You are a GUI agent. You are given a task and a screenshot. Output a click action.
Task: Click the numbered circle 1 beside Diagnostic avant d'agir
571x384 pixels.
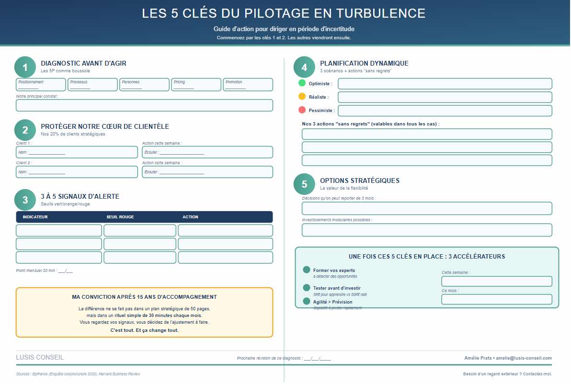[25, 68]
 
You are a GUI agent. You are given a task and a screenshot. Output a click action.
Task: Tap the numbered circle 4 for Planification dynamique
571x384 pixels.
[304, 68]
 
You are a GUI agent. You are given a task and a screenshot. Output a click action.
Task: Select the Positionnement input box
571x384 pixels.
[41, 85]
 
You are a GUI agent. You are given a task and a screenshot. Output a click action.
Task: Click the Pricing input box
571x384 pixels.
[196, 85]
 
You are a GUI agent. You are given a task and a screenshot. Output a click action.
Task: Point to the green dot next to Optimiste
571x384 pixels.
[302, 83]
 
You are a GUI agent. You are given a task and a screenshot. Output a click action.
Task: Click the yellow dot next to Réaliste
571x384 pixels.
[302, 96]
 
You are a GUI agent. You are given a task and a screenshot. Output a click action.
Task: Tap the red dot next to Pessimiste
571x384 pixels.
[302, 110]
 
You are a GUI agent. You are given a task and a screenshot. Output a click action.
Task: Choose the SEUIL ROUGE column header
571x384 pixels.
[120, 217]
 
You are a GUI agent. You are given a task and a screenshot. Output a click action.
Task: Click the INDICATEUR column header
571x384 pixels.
[35, 217]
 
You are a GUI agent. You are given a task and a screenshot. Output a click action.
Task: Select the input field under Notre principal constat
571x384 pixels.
[144, 105]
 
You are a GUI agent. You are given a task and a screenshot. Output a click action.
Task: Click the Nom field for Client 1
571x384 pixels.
[77, 152]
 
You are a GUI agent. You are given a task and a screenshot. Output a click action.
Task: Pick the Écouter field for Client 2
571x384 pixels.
[207, 172]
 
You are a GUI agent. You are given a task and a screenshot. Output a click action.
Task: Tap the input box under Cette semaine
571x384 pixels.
[496, 282]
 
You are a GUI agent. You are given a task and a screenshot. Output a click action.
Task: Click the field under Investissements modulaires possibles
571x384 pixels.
[427, 230]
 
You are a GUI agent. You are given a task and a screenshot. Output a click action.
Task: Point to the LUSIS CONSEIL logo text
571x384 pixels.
[40, 358]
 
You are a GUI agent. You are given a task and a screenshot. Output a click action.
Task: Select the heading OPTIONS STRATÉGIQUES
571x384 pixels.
[359, 181]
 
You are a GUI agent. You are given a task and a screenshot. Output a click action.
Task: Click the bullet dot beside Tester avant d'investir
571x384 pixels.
[307, 287]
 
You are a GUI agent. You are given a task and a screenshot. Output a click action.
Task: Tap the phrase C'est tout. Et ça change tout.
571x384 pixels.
[144, 330]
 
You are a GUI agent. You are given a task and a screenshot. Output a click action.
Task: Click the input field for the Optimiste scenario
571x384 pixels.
[445, 84]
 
